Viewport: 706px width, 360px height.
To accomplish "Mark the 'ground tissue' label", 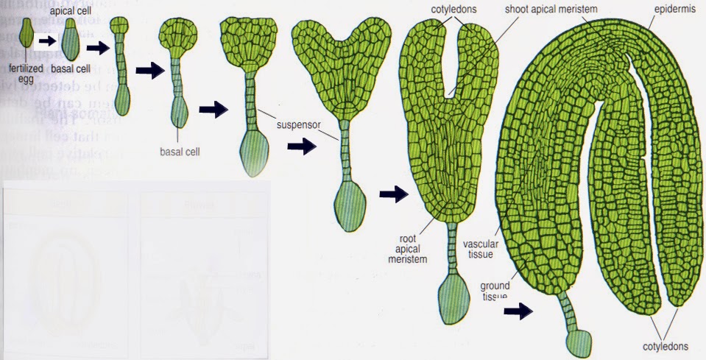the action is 496,289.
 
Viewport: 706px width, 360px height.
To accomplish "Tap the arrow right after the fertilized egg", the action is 46,41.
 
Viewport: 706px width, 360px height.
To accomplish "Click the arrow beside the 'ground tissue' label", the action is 519,311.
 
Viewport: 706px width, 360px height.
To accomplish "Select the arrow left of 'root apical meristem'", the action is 393,194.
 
